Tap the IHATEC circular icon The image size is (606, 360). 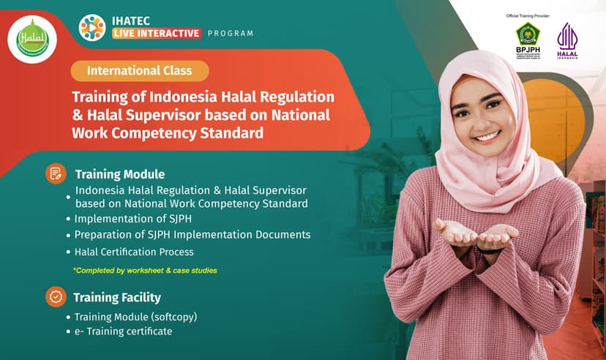[92, 27]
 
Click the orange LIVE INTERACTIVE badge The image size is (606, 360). [156, 33]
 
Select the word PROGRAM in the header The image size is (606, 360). [231, 33]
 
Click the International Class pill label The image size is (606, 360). [139, 71]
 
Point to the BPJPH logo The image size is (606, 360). [528, 40]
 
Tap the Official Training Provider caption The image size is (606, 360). [528, 15]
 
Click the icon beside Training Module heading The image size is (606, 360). [55, 173]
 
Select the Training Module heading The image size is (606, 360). [119, 175]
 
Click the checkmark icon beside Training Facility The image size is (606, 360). [55, 296]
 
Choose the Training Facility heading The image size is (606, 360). [117, 298]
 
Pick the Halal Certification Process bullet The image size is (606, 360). [134, 252]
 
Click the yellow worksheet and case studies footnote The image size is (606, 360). [144, 270]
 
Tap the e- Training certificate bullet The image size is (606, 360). [123, 331]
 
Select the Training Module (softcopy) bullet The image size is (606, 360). [135, 318]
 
